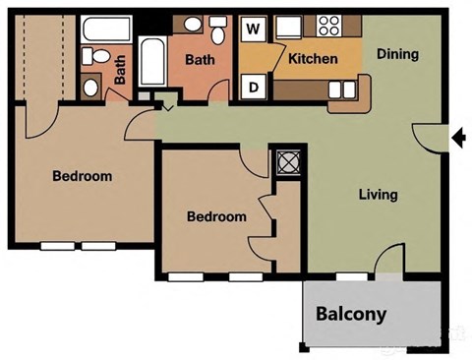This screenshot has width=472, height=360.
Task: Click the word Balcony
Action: click(351, 316)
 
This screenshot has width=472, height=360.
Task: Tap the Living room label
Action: click(378, 194)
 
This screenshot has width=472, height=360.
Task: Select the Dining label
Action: click(397, 54)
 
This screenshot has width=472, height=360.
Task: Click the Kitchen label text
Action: click(313, 59)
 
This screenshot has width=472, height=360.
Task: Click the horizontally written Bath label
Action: click(200, 59)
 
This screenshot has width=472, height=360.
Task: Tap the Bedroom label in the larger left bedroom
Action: click(82, 177)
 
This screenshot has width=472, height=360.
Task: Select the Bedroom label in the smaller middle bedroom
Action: click(216, 216)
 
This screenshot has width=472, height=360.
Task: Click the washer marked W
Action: click(254, 29)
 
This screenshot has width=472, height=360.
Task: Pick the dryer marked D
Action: click(254, 86)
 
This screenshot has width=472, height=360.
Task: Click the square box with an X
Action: click(288, 162)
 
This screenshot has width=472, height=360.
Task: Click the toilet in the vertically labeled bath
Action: click(90, 87)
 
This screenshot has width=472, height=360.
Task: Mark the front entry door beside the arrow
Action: click(427, 138)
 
